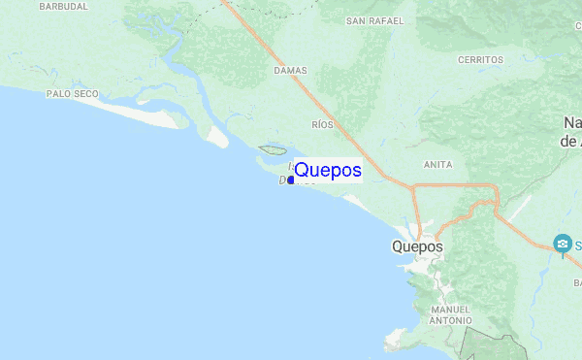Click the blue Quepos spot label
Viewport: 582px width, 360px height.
328,171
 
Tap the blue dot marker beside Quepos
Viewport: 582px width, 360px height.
291,180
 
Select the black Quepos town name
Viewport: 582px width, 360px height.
418,246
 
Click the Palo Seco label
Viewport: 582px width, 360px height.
72,94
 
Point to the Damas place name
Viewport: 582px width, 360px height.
290,71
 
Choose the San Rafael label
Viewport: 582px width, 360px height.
374,20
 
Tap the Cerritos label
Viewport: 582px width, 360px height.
480,59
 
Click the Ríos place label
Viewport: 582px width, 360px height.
322,125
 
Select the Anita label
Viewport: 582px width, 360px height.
438,165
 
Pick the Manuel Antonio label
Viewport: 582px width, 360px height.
450,314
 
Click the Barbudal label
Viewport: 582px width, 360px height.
63,6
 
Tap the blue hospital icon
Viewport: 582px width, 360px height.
562,243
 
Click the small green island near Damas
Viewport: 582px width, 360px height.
271,150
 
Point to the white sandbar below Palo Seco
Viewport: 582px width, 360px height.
145,111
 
